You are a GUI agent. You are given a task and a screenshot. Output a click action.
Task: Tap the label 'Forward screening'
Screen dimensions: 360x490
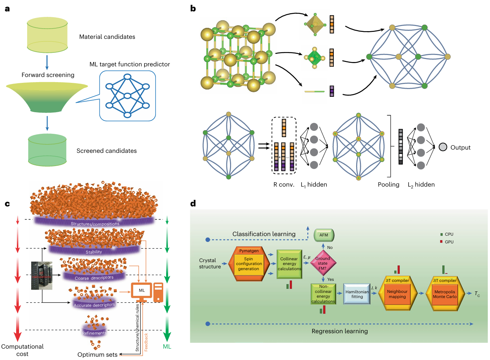48,75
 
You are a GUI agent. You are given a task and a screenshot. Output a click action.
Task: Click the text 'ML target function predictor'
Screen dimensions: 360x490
129,65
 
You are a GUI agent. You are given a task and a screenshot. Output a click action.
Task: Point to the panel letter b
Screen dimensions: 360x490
193,8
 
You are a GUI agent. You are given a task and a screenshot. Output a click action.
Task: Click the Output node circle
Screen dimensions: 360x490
443,147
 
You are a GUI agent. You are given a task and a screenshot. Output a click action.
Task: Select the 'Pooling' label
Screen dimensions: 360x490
388,185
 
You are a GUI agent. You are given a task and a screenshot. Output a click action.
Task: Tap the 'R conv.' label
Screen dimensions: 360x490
284,185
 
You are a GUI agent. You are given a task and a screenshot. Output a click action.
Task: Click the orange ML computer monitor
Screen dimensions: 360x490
142,291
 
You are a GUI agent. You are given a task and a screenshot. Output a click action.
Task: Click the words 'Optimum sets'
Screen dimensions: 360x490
97,355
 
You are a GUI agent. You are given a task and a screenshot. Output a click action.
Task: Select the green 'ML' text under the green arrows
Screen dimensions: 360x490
167,346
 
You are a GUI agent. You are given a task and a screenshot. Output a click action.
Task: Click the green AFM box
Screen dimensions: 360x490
324,235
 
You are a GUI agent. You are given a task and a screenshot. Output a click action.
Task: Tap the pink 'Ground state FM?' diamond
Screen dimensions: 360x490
323,263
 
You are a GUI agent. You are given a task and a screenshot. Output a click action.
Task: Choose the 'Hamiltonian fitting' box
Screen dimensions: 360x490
357,294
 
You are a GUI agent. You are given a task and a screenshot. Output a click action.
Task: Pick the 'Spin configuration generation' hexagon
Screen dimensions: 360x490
249,264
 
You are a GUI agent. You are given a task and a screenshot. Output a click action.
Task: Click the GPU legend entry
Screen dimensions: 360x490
447,242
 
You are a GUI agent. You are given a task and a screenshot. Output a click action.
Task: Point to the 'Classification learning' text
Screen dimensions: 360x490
264,234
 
